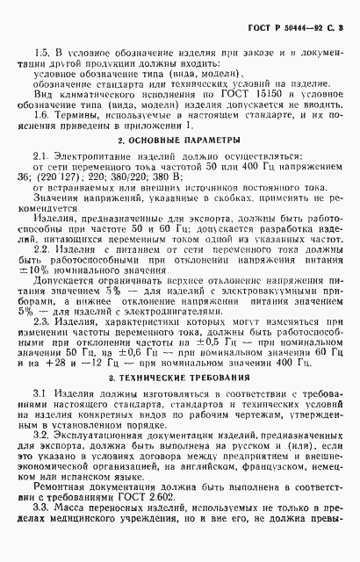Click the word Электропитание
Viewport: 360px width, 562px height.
pyautogui.click(x=85, y=155)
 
